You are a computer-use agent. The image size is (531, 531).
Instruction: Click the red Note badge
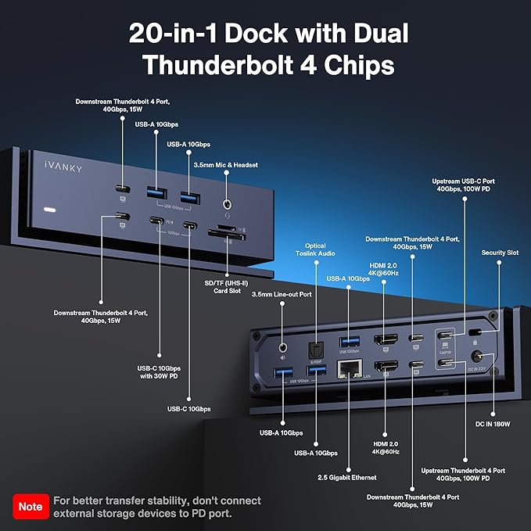tap(31, 506)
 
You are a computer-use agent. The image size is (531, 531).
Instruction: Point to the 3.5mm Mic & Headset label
tap(225, 165)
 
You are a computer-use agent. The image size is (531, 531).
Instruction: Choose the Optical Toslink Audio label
tap(316, 249)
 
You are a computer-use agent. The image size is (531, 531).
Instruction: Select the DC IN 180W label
tap(493, 424)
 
